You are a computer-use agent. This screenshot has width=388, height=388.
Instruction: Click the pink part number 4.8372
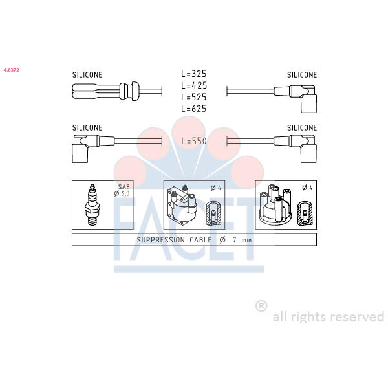[x=12, y=70]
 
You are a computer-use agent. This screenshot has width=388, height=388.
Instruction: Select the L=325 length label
[x=194, y=74]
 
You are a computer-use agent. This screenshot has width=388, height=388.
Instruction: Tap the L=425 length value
[x=194, y=85]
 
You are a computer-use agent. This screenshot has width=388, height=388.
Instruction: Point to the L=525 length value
[x=194, y=97]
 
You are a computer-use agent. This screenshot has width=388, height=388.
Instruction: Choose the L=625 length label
[x=194, y=109]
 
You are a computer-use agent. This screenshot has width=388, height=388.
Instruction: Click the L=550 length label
[x=194, y=141]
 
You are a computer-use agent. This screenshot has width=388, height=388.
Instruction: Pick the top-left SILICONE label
[x=87, y=75]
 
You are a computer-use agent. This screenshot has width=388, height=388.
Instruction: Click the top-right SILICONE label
[x=302, y=75]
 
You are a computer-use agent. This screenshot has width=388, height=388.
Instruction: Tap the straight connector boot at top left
[x=105, y=91]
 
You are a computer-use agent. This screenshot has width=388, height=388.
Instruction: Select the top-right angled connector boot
[x=296, y=98]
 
